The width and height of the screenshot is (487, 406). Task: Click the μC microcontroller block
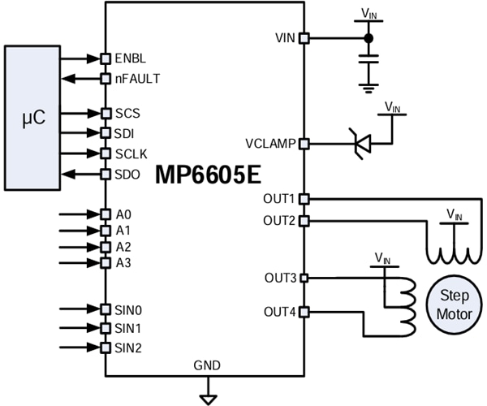(33, 119)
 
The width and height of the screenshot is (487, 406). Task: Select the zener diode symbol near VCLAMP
(362, 144)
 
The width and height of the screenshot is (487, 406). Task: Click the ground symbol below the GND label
(209, 397)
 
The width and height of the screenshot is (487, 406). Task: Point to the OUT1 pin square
(304, 198)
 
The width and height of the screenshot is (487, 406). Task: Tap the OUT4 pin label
(279, 312)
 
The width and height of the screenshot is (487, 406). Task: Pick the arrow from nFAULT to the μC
(81, 79)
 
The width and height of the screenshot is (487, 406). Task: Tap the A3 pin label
(123, 262)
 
